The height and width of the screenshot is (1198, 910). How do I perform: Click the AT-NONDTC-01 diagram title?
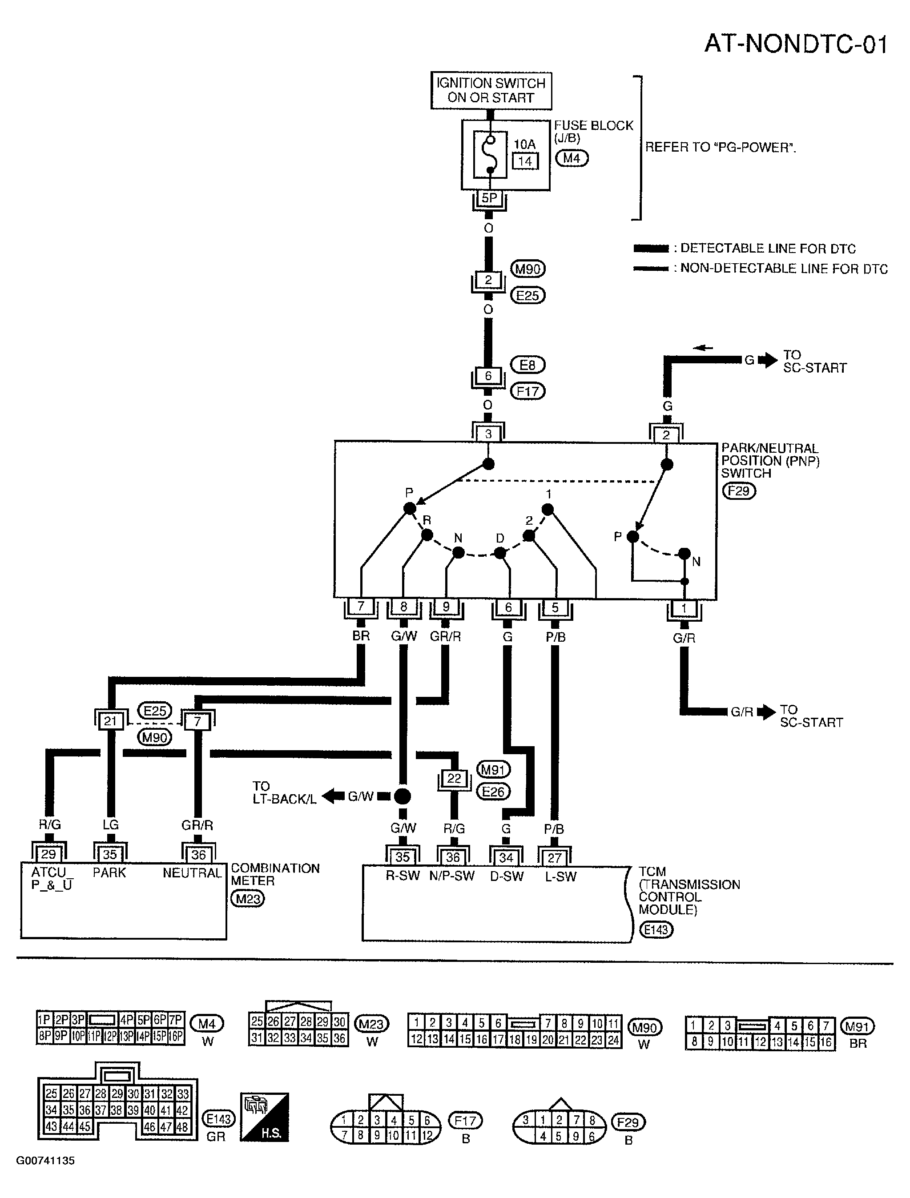[x=796, y=44]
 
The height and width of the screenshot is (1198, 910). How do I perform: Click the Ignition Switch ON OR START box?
[x=491, y=90]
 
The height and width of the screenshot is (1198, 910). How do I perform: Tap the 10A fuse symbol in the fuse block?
[x=490, y=154]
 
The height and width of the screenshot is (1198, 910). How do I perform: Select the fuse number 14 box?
[x=525, y=161]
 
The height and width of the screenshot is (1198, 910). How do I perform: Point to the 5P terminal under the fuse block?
[x=489, y=198]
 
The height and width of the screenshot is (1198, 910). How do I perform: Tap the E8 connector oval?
[x=527, y=365]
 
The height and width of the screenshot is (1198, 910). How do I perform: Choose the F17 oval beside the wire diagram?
[x=528, y=391]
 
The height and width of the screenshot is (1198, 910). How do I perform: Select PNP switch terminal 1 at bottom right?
[x=684, y=609]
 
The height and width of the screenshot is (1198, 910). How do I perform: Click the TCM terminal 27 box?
[x=554, y=857]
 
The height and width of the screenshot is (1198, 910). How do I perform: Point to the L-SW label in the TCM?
[x=560, y=876]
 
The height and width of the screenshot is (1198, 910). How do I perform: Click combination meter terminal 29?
[x=48, y=855]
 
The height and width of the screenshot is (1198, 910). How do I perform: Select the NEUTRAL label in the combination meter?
[x=192, y=873]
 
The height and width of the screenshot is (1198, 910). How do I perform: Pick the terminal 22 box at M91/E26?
[x=454, y=778]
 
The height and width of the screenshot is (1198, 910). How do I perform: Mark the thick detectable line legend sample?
[x=651, y=249]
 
